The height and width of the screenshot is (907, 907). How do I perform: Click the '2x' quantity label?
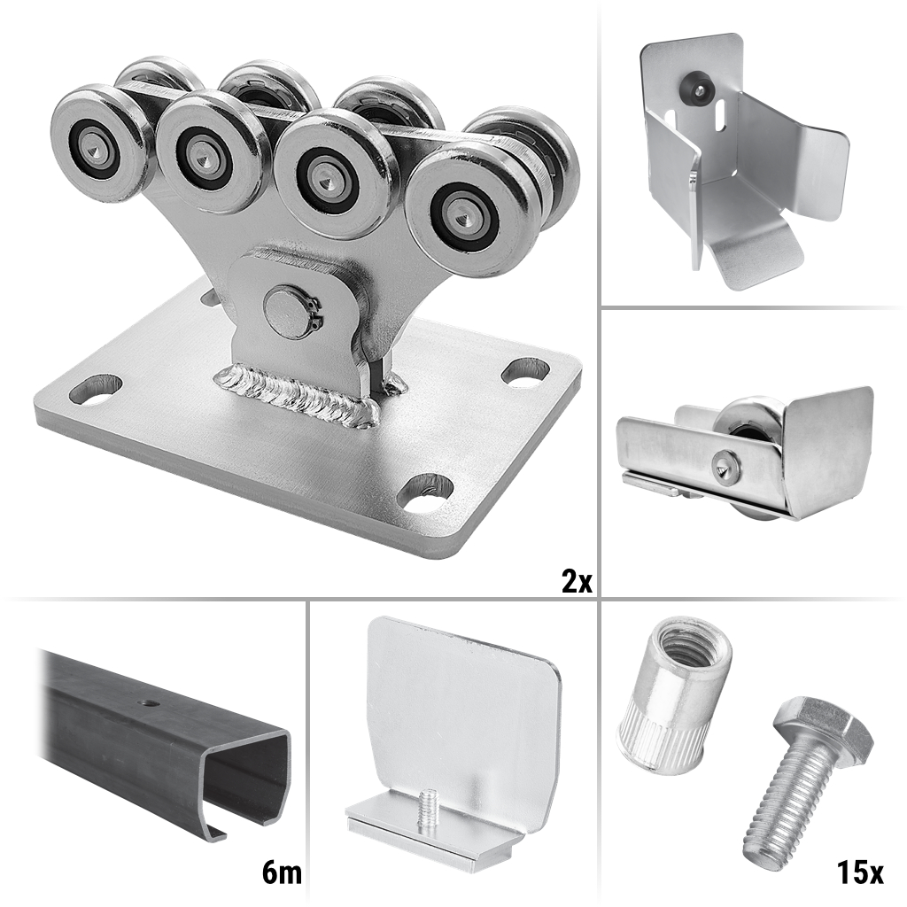[577, 581]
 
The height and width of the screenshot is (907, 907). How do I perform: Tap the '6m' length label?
[282, 872]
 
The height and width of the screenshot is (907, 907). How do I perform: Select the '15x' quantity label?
[859, 872]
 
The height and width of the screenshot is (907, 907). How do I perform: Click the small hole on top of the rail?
[150, 703]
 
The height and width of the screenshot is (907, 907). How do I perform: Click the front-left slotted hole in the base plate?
[96, 390]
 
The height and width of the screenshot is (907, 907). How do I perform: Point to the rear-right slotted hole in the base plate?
[524, 370]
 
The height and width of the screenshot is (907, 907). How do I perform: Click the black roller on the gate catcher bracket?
[698, 87]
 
